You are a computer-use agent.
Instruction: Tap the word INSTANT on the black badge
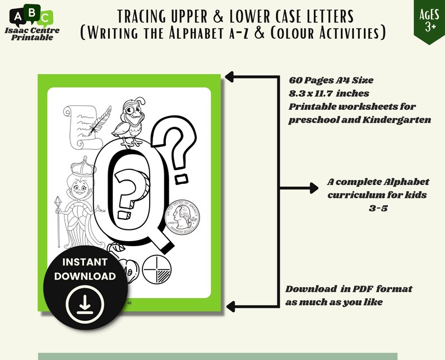coord(85,262)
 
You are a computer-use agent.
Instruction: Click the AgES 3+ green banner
coord(429,20)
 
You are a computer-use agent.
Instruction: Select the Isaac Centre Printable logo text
coord(31,33)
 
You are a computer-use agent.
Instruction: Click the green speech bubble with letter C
coord(47,17)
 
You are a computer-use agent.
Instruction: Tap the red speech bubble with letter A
coord(17,16)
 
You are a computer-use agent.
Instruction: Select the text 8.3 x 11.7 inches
coord(329,93)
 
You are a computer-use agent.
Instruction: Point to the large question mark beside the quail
coord(183,149)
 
